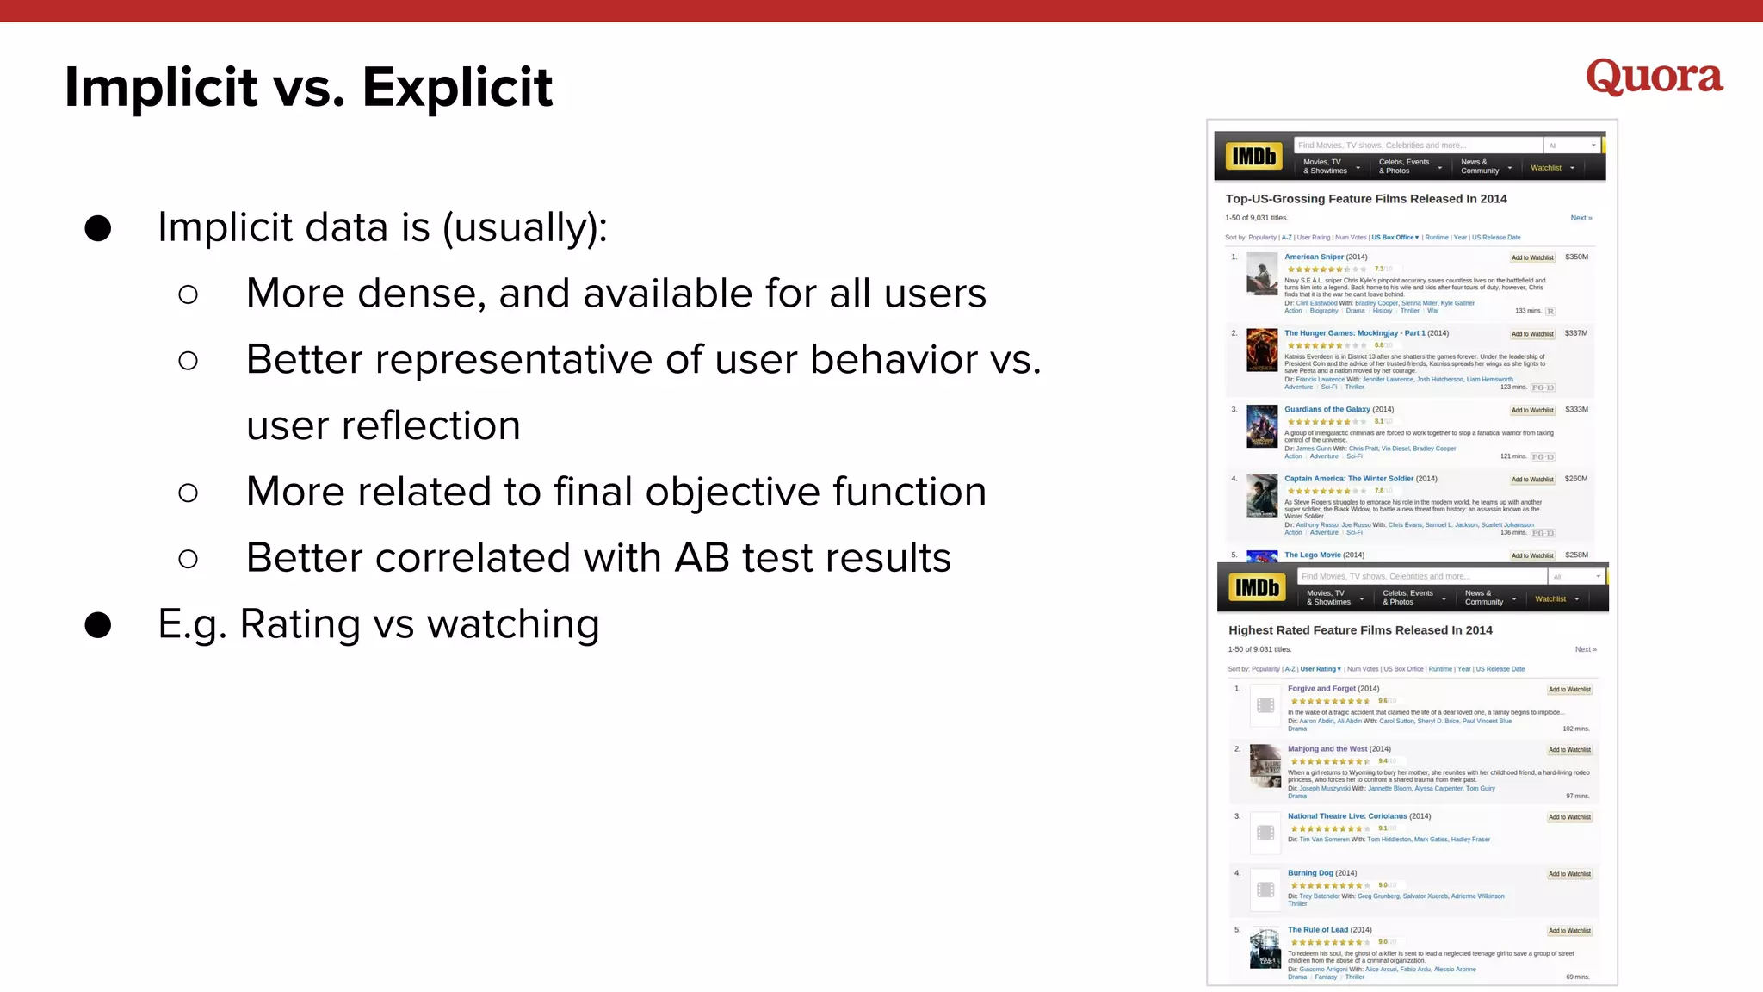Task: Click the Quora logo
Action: click(1654, 77)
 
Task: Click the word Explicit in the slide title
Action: click(457, 88)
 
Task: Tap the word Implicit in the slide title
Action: click(161, 88)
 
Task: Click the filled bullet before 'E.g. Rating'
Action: click(98, 625)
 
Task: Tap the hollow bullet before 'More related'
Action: click(188, 493)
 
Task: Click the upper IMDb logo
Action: click(1253, 157)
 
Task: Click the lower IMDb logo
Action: click(1257, 588)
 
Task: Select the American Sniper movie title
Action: click(1314, 257)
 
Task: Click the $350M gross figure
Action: click(1576, 257)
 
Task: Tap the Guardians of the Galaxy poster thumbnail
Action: click(1262, 426)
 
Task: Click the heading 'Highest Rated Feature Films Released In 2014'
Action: click(1360, 630)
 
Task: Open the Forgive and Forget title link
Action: click(1321, 689)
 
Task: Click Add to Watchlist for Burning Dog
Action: click(1569, 874)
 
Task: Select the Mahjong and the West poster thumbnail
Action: click(1265, 766)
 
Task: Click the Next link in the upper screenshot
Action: click(1581, 218)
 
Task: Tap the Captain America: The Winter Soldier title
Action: click(1348, 479)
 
